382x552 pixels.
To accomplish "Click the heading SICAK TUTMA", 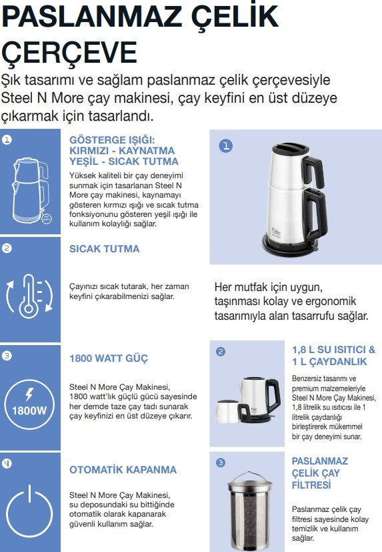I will tap(105, 249).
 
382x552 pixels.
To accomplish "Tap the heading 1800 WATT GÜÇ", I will tap(109, 358).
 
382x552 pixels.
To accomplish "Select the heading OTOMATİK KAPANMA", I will tap(123, 469).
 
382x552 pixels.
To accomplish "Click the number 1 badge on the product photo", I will tap(226, 147).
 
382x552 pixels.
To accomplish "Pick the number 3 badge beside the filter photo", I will tap(221, 462).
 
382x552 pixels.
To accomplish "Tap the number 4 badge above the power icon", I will tap(7, 461).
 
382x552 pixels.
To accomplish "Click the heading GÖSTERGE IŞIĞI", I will tap(112, 140).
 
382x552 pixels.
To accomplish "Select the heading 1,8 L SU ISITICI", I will tap(333, 350).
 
